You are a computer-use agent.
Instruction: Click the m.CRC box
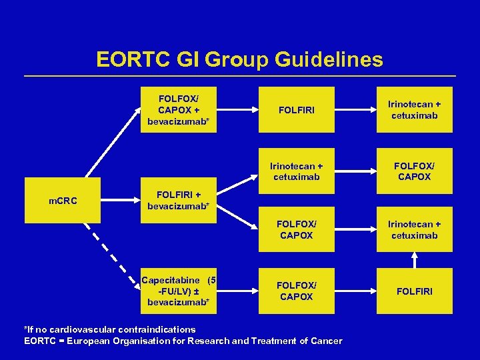tap(62, 200)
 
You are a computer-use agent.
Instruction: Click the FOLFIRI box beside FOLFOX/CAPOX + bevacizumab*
tap(296, 109)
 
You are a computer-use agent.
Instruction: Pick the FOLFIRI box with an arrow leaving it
tap(414, 291)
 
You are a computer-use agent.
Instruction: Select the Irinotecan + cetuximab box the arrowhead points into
tap(414, 230)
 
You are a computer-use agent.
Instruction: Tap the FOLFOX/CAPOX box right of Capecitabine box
tap(296, 291)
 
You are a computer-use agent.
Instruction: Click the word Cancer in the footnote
tap(326, 341)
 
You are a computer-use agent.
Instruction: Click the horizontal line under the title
tap(240, 75)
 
